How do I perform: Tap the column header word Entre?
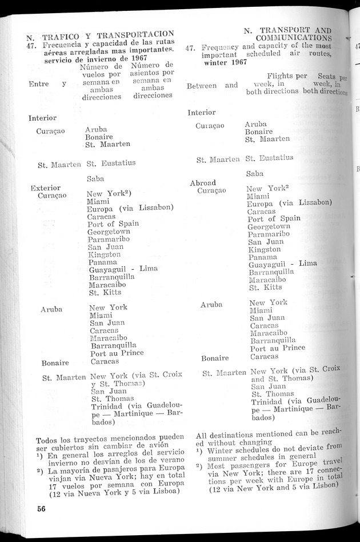[38, 84]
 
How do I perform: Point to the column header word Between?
[202, 86]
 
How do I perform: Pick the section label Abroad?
[203, 182]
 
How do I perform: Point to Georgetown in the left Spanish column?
[109, 232]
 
